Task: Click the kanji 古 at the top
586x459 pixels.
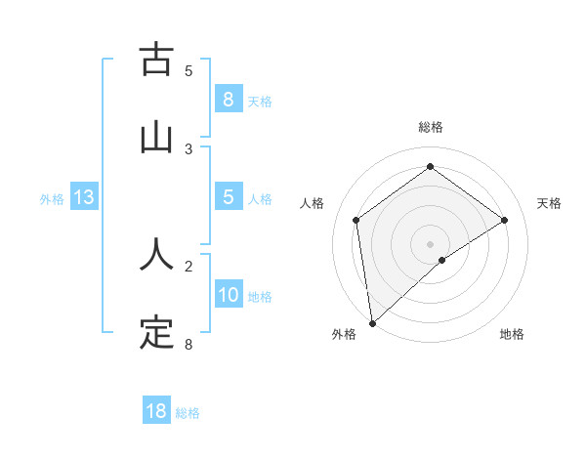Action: point(156,61)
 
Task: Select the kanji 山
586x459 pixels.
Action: point(156,137)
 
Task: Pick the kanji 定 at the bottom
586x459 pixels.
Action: point(156,333)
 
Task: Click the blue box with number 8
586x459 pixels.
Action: point(228,99)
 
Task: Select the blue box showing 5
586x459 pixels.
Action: point(228,197)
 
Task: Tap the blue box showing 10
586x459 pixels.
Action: point(228,296)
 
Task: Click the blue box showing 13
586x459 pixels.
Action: point(84,197)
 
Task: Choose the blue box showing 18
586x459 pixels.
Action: point(156,411)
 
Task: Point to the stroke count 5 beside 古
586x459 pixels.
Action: point(188,70)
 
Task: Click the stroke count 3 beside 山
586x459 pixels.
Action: point(188,148)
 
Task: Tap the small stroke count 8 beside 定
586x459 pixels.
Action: point(188,344)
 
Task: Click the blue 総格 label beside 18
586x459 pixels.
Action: point(188,412)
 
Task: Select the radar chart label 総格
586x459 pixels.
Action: point(430,127)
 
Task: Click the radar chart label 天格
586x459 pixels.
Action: point(549,203)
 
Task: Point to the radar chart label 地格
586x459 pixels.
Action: point(512,334)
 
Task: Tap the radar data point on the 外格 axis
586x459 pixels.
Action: point(371,322)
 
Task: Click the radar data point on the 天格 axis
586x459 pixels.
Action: point(504,220)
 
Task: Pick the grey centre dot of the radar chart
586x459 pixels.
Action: point(430,243)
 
